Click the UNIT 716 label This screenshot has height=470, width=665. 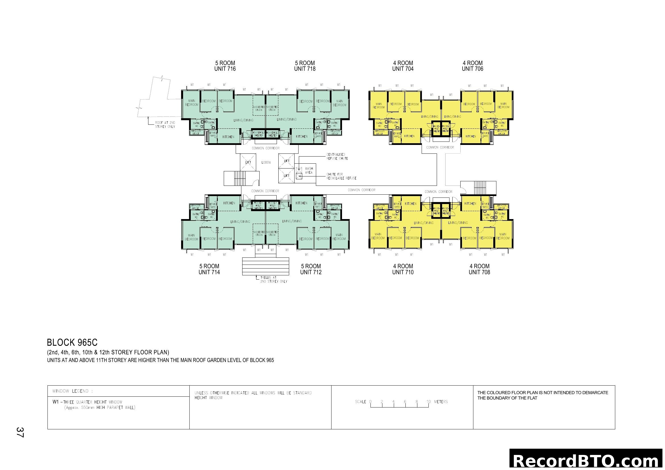click(x=225, y=69)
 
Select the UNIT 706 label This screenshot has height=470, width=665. click(x=473, y=69)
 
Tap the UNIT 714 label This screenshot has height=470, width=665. click(x=209, y=272)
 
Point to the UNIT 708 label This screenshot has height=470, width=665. click(x=479, y=272)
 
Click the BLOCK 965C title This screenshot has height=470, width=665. click(x=72, y=343)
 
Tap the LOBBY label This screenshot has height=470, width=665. click(x=266, y=163)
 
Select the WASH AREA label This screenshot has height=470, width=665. click(x=309, y=170)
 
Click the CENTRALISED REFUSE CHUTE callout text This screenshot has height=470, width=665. click(x=337, y=157)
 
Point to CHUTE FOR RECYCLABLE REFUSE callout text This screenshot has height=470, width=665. click(x=341, y=176)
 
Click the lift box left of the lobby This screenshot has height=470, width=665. click(x=248, y=162)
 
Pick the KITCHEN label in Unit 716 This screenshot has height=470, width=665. click(x=228, y=137)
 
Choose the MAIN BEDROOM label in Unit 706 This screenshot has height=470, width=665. click(x=504, y=105)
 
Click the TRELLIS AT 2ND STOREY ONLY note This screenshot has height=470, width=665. click(x=274, y=279)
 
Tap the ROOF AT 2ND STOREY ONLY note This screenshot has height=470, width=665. click(x=165, y=125)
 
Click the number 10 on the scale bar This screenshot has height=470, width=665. click(x=428, y=402)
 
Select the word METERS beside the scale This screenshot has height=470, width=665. click(x=441, y=402)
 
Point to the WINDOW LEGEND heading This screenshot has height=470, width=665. click(x=72, y=391)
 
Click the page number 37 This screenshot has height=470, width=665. click(x=20, y=432)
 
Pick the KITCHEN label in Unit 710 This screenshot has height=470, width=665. click(x=411, y=204)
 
